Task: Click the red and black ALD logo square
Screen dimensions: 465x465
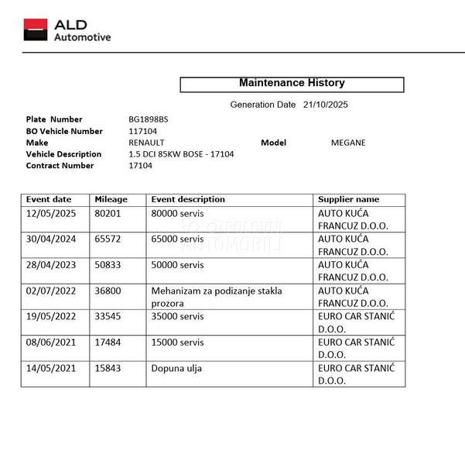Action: coord(36,30)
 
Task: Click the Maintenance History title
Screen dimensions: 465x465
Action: coord(292,83)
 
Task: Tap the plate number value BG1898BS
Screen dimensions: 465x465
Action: coord(148,119)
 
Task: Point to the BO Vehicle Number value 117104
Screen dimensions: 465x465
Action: coord(143,131)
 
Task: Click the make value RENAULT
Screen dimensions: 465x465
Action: coord(146,143)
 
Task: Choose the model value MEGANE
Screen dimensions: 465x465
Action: coord(348,143)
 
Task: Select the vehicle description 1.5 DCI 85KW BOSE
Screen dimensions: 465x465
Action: coord(181,154)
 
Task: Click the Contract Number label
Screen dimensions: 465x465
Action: coord(60,166)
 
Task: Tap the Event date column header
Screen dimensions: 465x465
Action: coord(49,200)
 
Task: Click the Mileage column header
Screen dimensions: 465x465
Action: coord(111,200)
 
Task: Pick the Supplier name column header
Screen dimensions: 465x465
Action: coord(349,200)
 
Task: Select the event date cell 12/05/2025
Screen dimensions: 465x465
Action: coord(51,213)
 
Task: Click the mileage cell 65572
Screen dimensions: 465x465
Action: coord(108,239)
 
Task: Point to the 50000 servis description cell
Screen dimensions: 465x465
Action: coord(178,265)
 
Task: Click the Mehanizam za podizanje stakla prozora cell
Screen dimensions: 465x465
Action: coord(216,297)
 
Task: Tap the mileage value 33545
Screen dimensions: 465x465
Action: coord(108,316)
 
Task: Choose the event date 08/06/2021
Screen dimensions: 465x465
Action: coord(51,343)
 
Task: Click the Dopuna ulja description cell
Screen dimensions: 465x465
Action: coord(176,369)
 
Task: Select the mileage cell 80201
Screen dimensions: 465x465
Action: coord(108,213)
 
